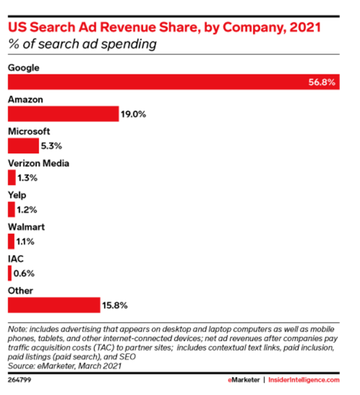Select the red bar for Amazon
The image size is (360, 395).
(x=63, y=114)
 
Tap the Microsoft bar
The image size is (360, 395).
(x=22, y=146)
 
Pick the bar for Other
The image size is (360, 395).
(x=54, y=305)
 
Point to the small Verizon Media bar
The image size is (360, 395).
(x=12, y=177)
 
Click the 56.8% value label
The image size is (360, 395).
(x=322, y=83)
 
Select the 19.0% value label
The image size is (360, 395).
(x=133, y=114)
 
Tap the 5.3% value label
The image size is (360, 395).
(x=51, y=146)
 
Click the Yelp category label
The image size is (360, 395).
(x=17, y=195)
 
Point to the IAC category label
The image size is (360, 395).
(x=15, y=259)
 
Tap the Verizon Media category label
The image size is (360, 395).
(x=38, y=163)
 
